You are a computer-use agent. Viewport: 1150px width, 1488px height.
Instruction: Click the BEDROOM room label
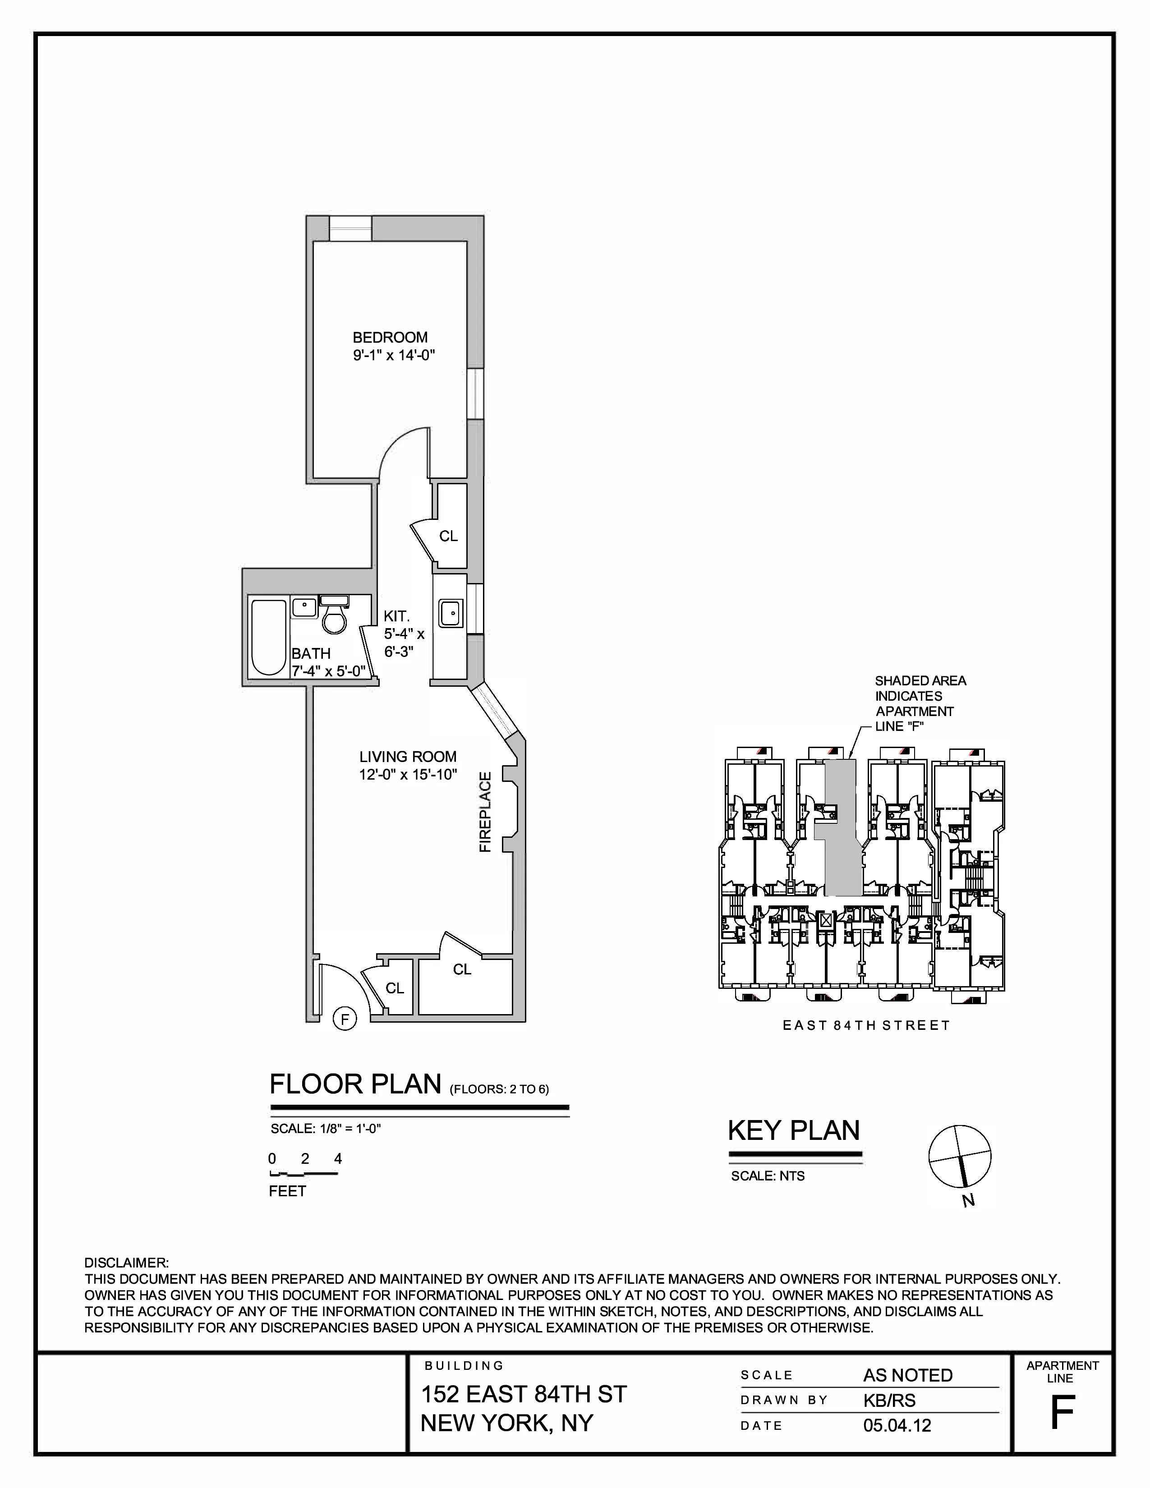(x=390, y=337)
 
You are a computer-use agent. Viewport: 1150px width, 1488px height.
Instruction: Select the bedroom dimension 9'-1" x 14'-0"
(x=393, y=355)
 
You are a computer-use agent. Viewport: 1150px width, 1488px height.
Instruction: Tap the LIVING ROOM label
(x=407, y=756)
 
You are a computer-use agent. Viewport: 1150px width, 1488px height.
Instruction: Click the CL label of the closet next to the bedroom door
(x=448, y=536)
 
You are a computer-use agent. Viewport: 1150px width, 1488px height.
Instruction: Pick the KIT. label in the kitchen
(x=396, y=616)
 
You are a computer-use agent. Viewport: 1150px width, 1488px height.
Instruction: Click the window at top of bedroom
(x=350, y=228)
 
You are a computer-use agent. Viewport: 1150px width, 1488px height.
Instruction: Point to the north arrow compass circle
(x=960, y=1156)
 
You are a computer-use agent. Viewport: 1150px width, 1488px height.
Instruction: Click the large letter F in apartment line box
(x=1062, y=1412)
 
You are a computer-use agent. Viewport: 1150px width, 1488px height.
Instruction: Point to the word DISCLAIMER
(x=126, y=1263)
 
